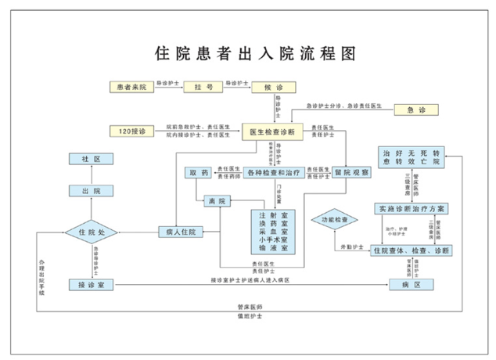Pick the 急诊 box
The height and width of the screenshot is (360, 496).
[x=416, y=110]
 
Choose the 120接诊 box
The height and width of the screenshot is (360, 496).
[x=132, y=131]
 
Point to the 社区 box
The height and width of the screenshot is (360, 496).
[x=92, y=159]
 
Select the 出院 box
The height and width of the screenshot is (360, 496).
[x=92, y=191]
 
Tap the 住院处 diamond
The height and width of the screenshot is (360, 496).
[x=92, y=232]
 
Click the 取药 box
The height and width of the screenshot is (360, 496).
[x=199, y=172]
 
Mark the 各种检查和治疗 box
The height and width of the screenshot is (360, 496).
[x=273, y=172]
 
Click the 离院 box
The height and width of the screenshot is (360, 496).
[x=217, y=201]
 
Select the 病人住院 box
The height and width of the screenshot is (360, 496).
[x=181, y=232]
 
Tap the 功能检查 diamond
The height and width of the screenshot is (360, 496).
[x=335, y=221]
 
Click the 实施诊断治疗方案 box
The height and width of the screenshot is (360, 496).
[x=412, y=208]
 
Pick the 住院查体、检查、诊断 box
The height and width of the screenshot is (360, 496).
[x=411, y=250]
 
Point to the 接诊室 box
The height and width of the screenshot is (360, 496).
[x=92, y=284]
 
